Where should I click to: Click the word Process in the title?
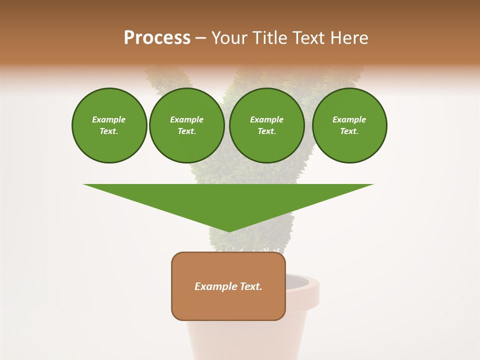click(x=157, y=38)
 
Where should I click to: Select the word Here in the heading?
click(x=349, y=38)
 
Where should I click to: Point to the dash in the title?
click(x=201, y=38)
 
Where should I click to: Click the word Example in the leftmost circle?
click(x=109, y=119)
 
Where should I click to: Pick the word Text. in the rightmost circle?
click(x=349, y=131)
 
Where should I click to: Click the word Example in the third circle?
click(x=266, y=119)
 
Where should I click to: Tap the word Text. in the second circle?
click(x=186, y=131)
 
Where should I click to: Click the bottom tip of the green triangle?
click(x=228, y=231)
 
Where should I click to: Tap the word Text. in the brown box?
click(x=251, y=286)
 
